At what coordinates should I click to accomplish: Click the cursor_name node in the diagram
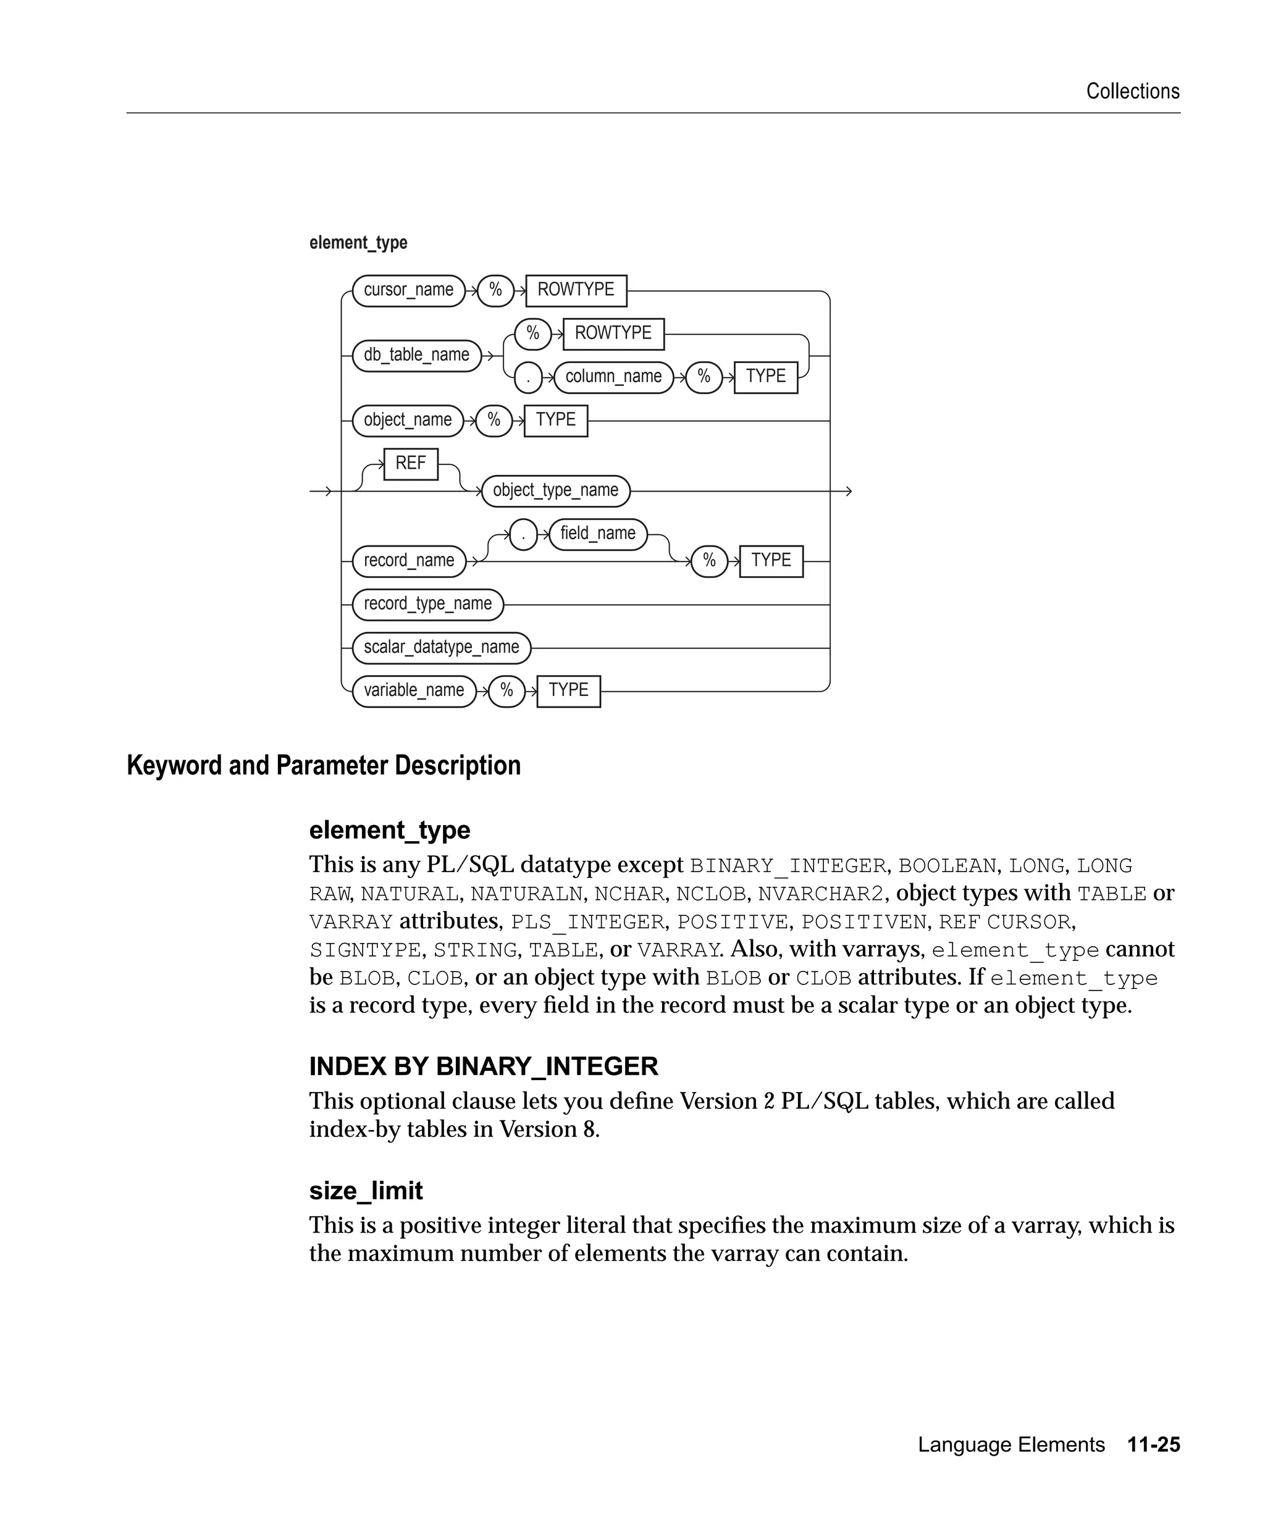click(x=408, y=291)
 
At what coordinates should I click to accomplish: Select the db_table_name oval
click(x=416, y=356)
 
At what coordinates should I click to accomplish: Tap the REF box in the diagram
click(x=411, y=463)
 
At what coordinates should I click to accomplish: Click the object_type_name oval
click(x=555, y=491)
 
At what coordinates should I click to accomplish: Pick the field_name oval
click(x=598, y=534)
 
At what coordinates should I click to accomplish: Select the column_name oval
click(x=613, y=377)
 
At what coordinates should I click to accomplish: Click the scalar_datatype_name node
click(x=441, y=648)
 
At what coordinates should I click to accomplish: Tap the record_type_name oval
click(x=427, y=605)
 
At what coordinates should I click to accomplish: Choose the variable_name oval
click(x=413, y=691)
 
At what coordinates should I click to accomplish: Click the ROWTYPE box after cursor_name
click(x=576, y=291)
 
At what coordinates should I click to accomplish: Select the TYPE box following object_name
click(x=555, y=421)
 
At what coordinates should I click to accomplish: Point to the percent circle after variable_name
click(x=506, y=691)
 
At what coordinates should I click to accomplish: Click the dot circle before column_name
click(x=528, y=378)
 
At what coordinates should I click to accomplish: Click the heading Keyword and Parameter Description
click(x=323, y=766)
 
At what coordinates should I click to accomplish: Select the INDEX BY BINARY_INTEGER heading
click(x=483, y=1066)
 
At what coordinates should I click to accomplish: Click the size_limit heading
click(x=366, y=1191)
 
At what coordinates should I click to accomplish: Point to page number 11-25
click(x=1153, y=1445)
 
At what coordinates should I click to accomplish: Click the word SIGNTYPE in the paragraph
click(x=364, y=950)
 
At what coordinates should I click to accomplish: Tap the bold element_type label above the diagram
click(x=358, y=243)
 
